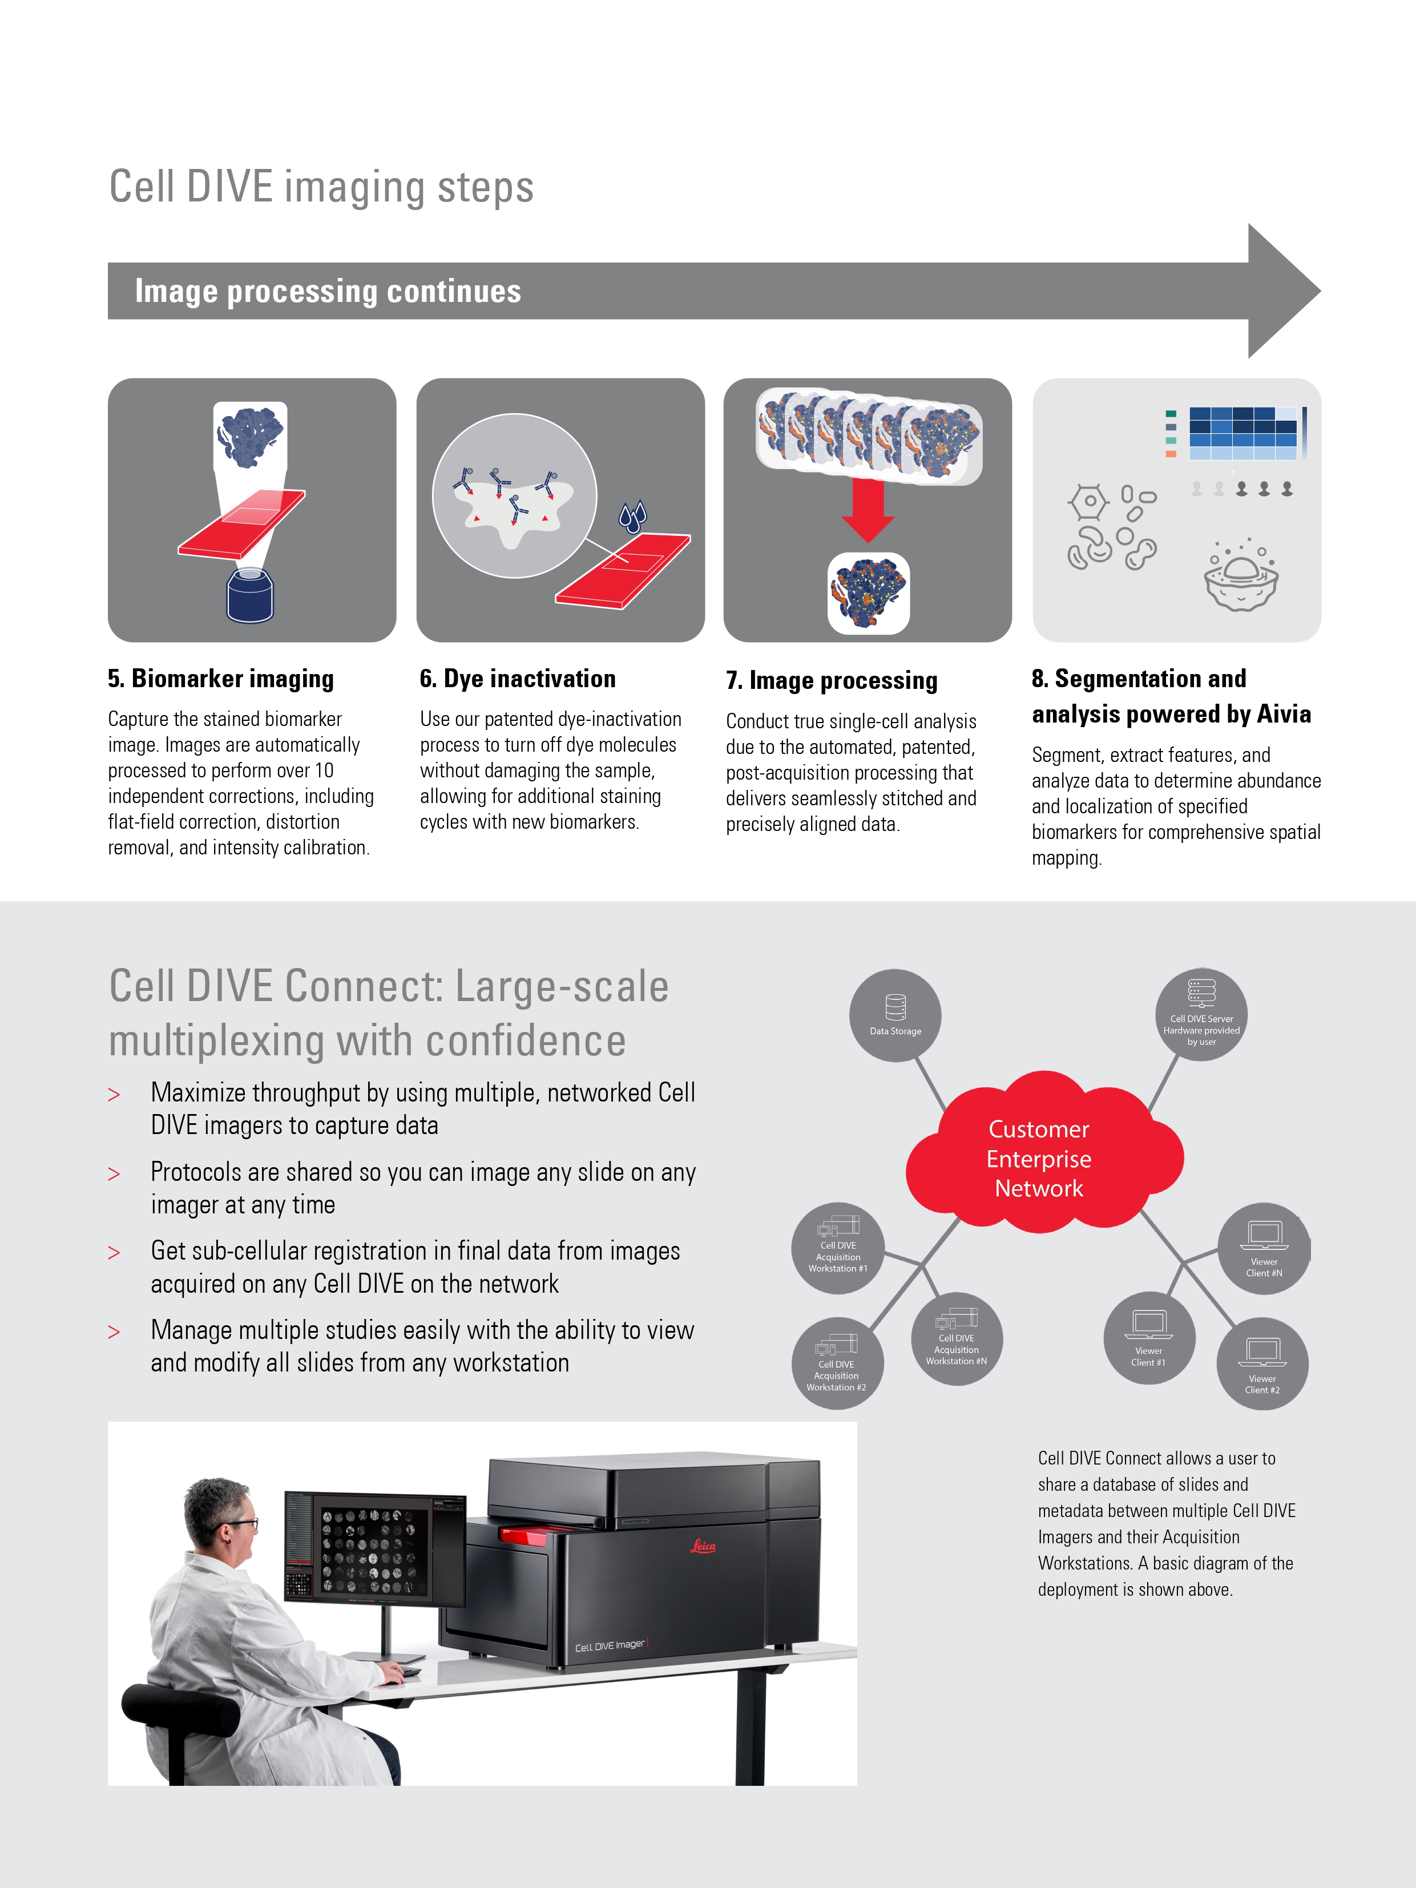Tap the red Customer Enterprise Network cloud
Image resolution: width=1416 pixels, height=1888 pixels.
(x=1039, y=1157)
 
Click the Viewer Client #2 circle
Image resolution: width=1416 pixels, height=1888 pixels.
(x=1261, y=1365)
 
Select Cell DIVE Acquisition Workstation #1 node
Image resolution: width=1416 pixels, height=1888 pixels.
(x=837, y=1248)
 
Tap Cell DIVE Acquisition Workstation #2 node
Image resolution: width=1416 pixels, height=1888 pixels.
(x=837, y=1363)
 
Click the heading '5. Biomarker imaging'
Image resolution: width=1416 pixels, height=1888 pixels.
(x=220, y=679)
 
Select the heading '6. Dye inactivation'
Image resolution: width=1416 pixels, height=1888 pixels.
(x=517, y=679)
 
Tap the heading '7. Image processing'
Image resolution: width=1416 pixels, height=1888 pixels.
(x=832, y=680)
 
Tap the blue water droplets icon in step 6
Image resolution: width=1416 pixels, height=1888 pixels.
(x=632, y=515)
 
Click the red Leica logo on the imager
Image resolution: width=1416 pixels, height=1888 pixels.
(x=703, y=1546)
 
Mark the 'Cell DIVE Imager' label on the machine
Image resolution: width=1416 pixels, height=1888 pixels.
(x=610, y=1645)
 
